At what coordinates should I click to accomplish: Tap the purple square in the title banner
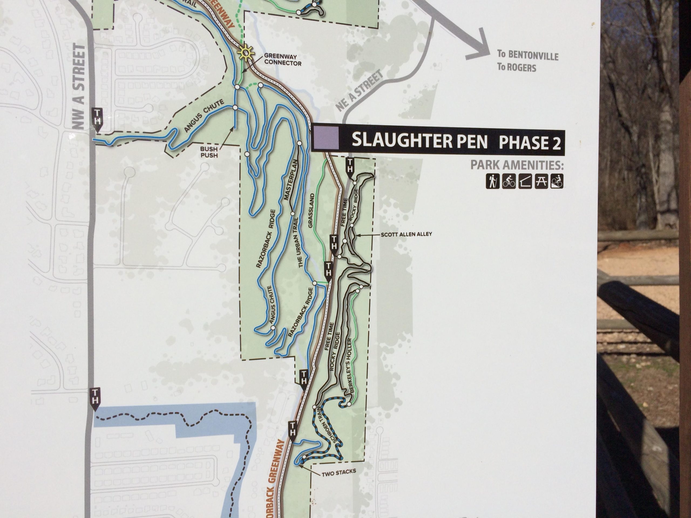click(x=326, y=138)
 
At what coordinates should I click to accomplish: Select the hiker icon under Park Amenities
click(x=492, y=181)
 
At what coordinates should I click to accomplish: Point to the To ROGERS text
click(x=517, y=67)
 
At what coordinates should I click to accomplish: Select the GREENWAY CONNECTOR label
click(x=282, y=60)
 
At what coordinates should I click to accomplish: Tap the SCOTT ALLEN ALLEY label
click(x=406, y=234)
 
